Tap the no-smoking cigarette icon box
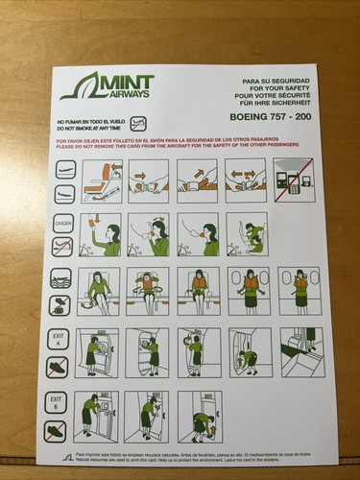(x=139, y=123)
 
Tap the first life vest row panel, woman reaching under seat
(x=99, y=290)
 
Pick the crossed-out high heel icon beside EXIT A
(x=58, y=368)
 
